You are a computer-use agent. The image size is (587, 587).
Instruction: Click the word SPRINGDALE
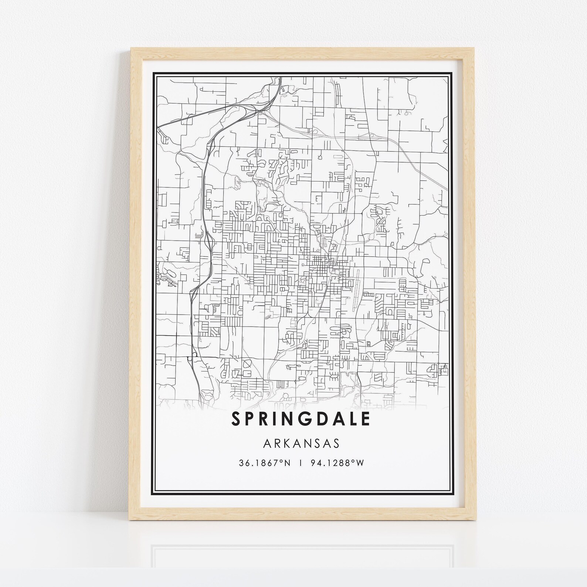point(301,418)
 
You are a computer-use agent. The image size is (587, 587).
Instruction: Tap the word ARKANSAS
point(301,443)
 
